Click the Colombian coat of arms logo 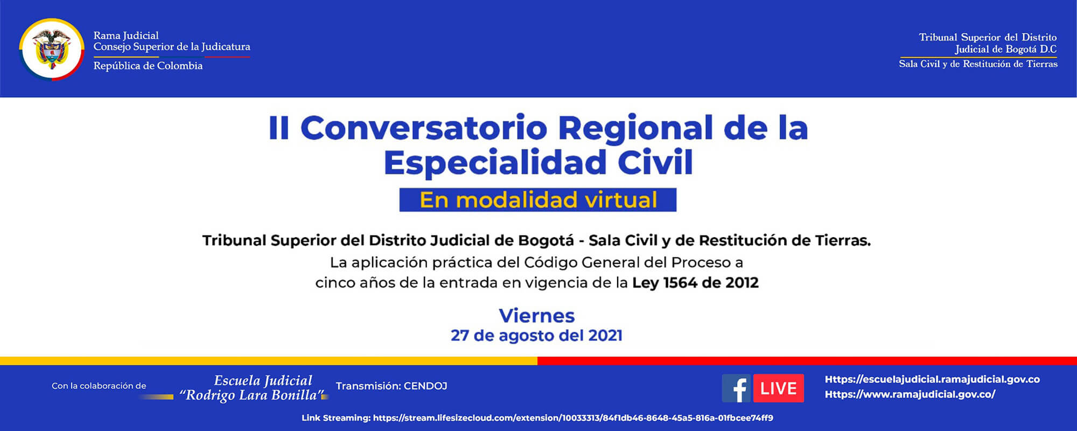point(52,49)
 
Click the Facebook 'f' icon point(736,388)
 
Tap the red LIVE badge point(778,388)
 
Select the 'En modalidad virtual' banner point(537,200)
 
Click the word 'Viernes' point(537,316)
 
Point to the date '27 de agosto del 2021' point(536,336)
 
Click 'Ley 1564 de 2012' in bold point(695,283)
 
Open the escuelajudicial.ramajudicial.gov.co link point(932,379)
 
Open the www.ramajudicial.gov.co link point(910,394)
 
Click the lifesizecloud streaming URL point(572,418)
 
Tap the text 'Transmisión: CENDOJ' point(391,386)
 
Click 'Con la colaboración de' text point(99,386)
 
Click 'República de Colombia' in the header point(148,66)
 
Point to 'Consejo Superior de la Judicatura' point(172,47)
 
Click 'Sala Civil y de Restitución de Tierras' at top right point(978,64)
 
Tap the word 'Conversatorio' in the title point(424,128)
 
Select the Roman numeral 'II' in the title point(279,128)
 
